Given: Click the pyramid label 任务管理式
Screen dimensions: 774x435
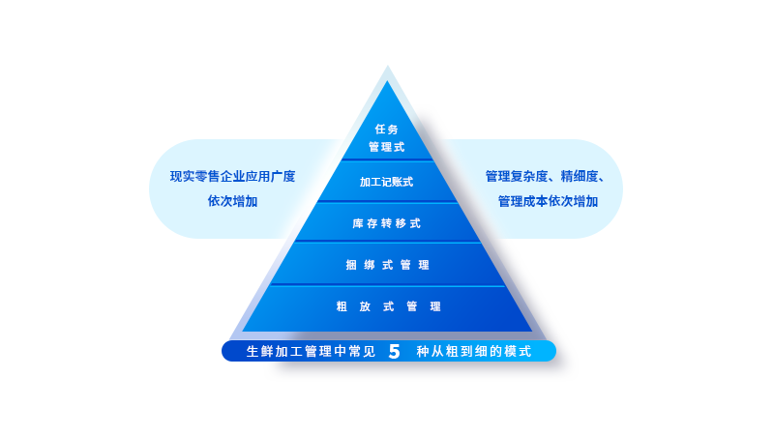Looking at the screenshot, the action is pos(386,138).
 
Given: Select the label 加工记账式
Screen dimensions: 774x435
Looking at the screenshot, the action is pos(386,182).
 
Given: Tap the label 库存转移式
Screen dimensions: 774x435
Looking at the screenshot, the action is pos(386,223).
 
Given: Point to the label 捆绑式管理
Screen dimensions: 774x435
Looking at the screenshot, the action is pos(388,265).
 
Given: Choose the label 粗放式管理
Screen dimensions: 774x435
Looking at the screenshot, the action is pos(389,306).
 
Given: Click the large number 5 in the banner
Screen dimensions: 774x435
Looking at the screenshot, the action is pos(394,351).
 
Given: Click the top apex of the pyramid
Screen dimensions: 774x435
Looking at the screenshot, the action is pos(388,66).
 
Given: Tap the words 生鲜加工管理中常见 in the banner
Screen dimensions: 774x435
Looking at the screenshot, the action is pos(311,351).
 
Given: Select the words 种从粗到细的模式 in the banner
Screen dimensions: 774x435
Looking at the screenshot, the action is pos(474,351).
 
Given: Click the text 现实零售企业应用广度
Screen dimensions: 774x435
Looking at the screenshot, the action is pos(232,176).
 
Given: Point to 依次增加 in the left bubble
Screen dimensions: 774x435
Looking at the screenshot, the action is pos(232,201).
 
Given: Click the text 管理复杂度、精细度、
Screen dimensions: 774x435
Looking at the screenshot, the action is pos(546,176).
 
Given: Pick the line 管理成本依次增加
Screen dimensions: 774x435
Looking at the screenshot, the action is pos(548,201).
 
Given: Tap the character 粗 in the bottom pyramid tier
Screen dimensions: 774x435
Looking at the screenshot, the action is pos(342,306).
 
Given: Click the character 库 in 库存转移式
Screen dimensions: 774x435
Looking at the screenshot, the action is pos(358,223).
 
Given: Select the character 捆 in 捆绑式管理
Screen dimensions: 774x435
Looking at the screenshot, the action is pos(351,265).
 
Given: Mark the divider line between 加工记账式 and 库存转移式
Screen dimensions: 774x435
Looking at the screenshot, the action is pos(388,202).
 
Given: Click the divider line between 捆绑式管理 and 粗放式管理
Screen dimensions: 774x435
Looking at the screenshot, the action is pos(388,285).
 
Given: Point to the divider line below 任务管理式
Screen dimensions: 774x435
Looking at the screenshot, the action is pos(388,159).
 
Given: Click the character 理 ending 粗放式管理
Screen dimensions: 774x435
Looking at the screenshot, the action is pos(435,306).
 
